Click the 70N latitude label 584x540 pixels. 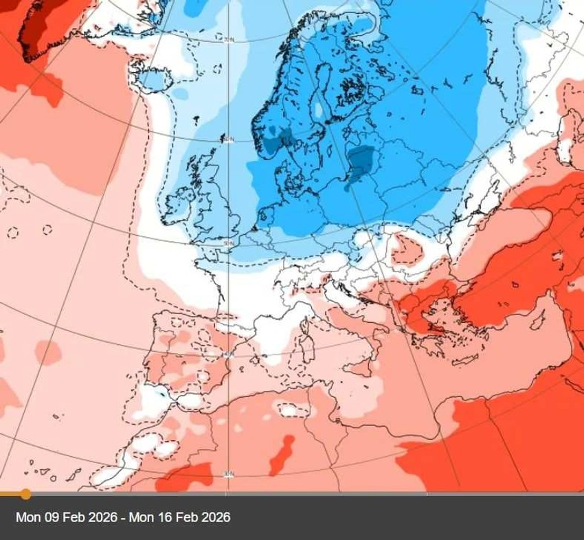229,41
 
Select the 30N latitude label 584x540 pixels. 229,473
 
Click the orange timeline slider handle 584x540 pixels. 25,493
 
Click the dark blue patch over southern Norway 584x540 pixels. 278,140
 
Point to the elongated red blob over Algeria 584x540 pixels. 282,453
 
